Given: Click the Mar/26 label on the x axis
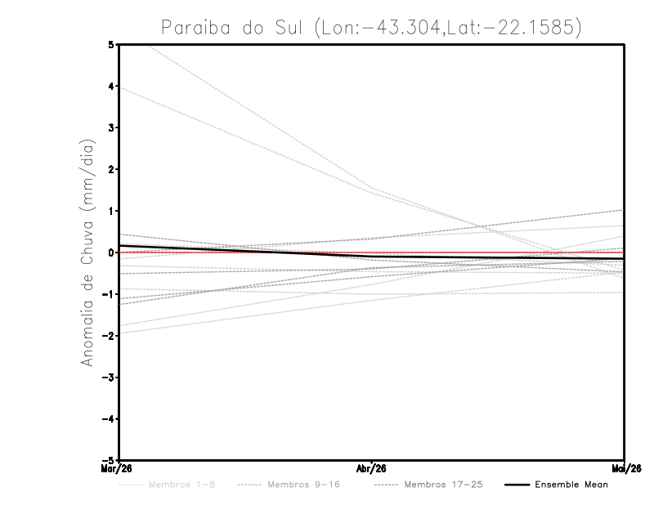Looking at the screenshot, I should pos(118,469).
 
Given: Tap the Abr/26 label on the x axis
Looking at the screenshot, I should pos(372,469).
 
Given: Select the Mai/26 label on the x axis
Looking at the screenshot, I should pos(624,469).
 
